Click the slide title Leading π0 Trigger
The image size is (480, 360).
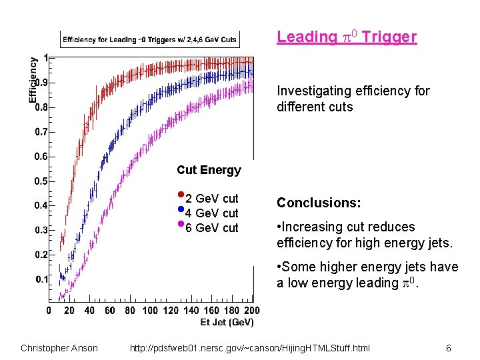[347, 37]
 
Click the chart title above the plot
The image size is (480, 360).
[150, 39]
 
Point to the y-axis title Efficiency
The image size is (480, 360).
[33, 79]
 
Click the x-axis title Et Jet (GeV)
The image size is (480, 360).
[227, 323]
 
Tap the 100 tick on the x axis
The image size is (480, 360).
[150, 311]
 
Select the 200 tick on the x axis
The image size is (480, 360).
[251, 311]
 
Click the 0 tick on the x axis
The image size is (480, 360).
[49, 311]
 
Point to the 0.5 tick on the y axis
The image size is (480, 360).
[41, 181]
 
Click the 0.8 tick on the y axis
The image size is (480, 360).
[41, 107]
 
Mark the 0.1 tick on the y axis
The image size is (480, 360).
[41, 279]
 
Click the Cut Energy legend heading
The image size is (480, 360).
[209, 170]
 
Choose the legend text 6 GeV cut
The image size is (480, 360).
[211, 228]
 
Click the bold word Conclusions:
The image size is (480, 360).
[319, 203]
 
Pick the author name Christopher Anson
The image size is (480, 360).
[59, 348]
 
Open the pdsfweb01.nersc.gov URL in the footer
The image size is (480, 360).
[249, 348]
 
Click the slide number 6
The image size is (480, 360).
[449, 348]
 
